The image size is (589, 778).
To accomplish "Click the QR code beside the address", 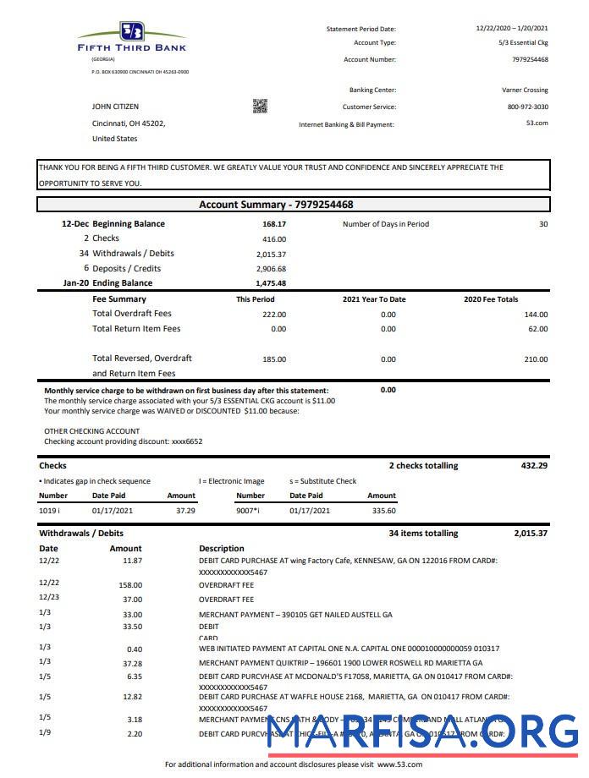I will [260, 106].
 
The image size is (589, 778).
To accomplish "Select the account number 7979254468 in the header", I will [530, 59].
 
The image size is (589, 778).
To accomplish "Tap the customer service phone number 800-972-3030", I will [527, 107].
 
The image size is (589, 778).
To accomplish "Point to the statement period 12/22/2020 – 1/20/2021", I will [512, 29].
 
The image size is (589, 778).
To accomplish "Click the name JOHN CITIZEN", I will [115, 107].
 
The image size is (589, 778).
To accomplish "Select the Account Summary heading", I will [276, 205].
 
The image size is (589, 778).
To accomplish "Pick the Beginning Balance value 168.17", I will [274, 224].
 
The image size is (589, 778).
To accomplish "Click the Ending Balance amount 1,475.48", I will [271, 283].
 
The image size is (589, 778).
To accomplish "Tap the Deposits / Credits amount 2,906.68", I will [271, 268].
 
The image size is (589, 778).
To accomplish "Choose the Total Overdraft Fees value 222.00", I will [273, 314].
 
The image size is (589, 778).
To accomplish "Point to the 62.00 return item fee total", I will [536, 329].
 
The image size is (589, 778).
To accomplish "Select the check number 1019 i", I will [49, 511].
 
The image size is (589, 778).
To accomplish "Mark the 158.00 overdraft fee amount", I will [130, 584].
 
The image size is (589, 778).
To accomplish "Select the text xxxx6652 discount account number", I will [187, 441].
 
